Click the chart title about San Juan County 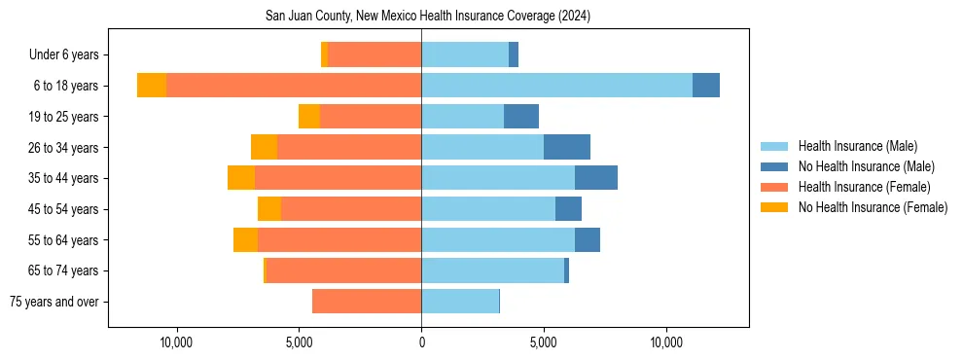428,17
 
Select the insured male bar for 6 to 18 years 556,86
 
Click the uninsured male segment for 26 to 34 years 567,147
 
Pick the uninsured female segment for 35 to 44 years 241,178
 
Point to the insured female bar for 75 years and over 367,302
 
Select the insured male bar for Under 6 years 465,54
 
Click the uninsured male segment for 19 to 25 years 521,117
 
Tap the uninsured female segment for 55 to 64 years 245,239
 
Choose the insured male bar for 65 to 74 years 492,270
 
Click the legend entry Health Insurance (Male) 857,146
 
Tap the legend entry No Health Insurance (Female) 873,207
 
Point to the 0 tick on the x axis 421,343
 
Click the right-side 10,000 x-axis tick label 666,343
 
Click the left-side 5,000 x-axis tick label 299,343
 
